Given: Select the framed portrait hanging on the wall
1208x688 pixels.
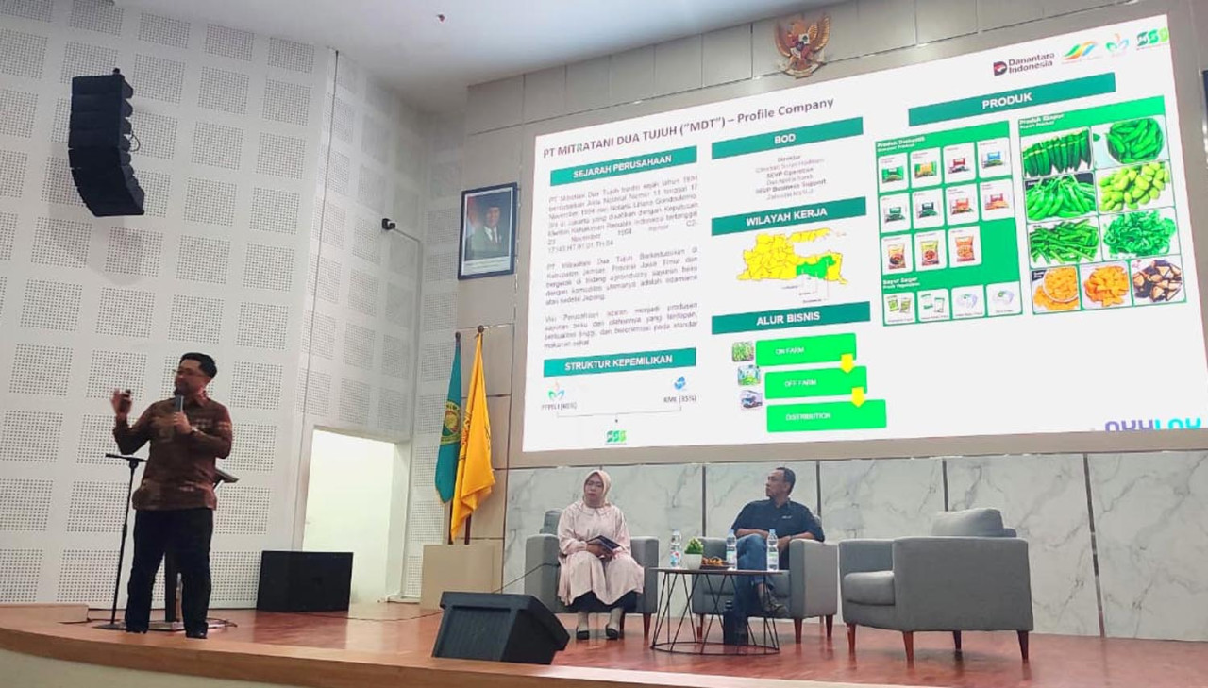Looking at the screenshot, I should point(487,230).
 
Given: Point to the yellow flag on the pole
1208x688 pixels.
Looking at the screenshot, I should point(472,434).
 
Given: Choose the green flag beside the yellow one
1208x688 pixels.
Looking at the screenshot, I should point(449,425).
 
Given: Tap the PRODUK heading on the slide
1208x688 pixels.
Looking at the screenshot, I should point(1011,99).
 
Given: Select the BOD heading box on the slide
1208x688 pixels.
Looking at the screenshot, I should point(786,138).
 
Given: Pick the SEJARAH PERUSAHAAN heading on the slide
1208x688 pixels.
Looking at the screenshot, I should point(623,166).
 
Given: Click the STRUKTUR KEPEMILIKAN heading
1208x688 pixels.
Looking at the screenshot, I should point(619,361).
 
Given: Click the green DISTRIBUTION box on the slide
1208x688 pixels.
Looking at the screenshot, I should point(826,415).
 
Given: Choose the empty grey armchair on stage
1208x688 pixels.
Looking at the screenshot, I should point(934,576).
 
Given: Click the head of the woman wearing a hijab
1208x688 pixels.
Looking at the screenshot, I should point(597,486).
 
